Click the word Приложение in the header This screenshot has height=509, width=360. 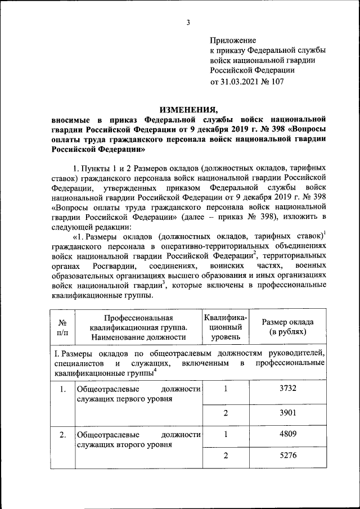click(233, 40)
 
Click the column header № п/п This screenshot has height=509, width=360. click(62, 327)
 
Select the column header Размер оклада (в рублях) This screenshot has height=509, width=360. click(287, 327)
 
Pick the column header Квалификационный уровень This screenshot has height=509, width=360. click(226, 327)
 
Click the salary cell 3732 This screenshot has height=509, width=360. click(287, 389)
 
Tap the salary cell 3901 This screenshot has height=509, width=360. click(287, 413)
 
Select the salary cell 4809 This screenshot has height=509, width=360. click(287, 434)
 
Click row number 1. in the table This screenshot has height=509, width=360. click(62, 389)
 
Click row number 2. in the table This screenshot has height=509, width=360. click(62, 435)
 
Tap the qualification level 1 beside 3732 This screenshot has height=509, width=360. click(226, 389)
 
